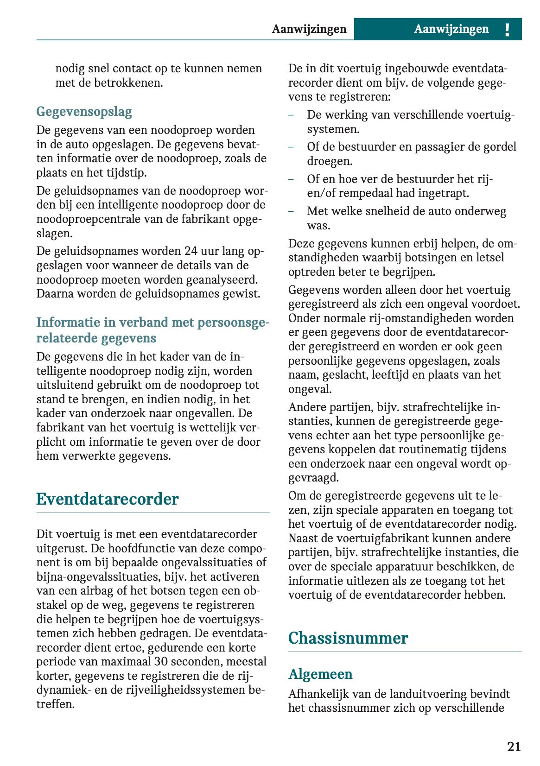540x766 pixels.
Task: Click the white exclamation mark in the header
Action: [x=507, y=30]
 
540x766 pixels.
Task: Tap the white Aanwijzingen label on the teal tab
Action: [x=451, y=29]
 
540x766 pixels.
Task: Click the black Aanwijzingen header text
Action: [x=309, y=29]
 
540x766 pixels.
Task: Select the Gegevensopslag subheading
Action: [x=84, y=112]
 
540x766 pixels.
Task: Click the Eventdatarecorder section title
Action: [x=107, y=499]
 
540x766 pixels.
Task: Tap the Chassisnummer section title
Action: [x=348, y=638]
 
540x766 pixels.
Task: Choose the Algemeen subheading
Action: [x=320, y=674]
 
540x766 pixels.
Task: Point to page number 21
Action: [x=514, y=747]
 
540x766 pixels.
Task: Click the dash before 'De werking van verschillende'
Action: [x=291, y=115]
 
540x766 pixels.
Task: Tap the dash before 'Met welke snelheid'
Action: [x=291, y=212]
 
